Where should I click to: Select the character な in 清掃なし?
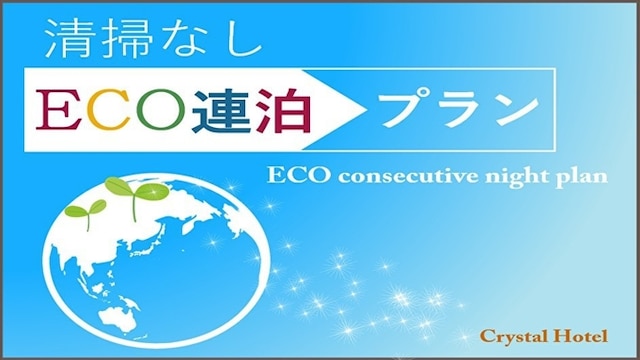click(195, 41)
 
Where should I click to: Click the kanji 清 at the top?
click(67, 41)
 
